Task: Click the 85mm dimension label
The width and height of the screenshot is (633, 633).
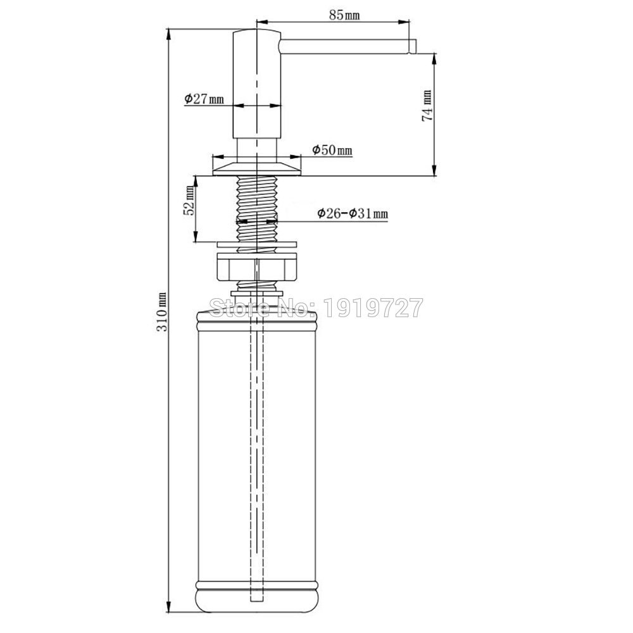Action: click(344, 15)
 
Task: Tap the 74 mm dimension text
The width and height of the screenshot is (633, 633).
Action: click(427, 106)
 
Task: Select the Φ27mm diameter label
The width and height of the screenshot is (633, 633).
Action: click(204, 99)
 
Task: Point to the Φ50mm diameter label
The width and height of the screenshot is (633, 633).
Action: click(332, 150)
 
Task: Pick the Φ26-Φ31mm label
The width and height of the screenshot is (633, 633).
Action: click(353, 213)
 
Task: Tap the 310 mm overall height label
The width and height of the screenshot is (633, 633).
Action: click(161, 311)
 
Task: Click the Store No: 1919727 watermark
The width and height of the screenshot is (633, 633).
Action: click(316, 308)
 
